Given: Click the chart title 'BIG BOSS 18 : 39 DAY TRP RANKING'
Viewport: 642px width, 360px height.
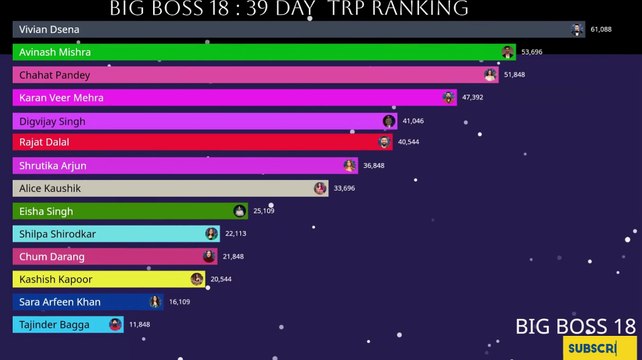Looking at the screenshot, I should [x=288, y=9].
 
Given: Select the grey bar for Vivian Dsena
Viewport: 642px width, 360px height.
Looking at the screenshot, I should [x=300, y=30].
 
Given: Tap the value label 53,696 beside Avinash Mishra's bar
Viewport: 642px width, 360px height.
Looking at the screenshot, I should [x=531, y=52].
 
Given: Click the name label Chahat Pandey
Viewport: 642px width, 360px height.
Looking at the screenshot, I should [x=54, y=75].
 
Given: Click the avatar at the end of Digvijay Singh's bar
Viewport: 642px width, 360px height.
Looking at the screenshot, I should [x=389, y=121].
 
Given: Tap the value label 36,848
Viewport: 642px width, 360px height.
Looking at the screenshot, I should [x=374, y=166].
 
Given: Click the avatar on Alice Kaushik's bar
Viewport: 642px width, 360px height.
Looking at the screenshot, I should [x=320, y=188].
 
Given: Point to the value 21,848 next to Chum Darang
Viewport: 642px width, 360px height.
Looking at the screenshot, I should [x=234, y=256].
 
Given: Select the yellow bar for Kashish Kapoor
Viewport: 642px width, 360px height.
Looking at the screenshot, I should [x=100, y=279].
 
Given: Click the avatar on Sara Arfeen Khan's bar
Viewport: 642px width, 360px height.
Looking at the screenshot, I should [x=155, y=302].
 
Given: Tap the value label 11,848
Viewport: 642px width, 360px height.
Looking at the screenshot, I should [x=140, y=325].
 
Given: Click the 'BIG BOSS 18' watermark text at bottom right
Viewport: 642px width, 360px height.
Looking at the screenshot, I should [x=576, y=326].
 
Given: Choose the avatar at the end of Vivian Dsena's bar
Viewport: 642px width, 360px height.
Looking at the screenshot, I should [x=577, y=30].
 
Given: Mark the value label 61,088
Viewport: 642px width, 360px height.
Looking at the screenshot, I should [x=601, y=30].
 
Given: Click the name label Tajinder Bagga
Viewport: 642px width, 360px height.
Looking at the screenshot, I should [x=54, y=325].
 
